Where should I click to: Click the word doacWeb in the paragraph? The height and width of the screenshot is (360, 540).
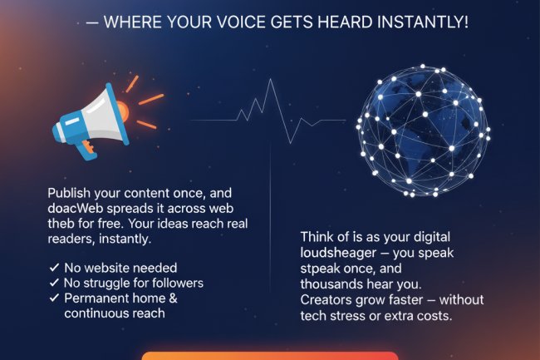tap(74, 208)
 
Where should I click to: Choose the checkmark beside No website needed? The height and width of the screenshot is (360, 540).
tap(54, 268)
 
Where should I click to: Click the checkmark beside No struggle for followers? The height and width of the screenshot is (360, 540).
tap(54, 283)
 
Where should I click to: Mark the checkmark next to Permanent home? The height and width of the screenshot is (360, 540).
tap(54, 298)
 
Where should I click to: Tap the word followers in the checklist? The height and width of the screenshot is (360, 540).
tap(172, 283)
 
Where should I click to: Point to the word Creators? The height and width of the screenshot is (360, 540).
tap(328, 299)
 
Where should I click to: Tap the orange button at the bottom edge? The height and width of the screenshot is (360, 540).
tap(270, 355)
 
